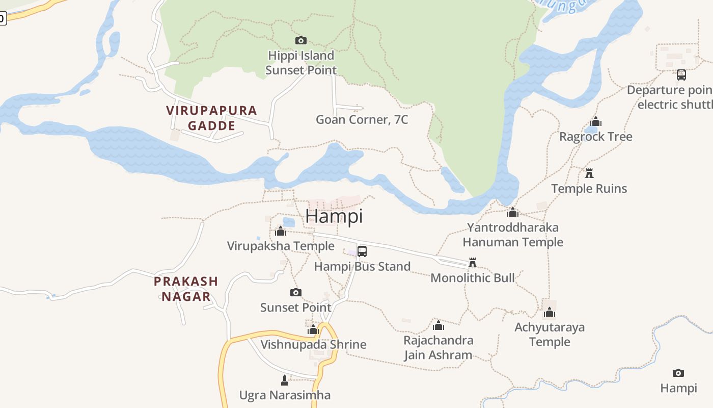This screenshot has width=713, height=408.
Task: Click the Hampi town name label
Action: (334, 216)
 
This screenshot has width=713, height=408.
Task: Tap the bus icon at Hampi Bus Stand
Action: (362, 251)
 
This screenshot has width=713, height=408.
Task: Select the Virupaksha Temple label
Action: (281, 246)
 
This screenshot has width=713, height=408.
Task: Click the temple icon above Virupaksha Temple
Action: (281, 232)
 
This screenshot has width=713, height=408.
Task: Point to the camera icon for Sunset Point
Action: (296, 293)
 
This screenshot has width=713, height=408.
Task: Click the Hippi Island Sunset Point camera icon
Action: (301, 41)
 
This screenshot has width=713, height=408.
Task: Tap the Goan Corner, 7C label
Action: (362, 120)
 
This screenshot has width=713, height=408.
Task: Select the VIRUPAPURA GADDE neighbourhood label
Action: (212, 118)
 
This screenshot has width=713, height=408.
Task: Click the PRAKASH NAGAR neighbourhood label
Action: (186, 289)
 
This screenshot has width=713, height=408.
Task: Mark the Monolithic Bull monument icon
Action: (473, 263)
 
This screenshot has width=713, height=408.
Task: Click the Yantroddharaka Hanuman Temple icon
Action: (513, 212)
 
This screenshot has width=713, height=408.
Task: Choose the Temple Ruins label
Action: (589, 189)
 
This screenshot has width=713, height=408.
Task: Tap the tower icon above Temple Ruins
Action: (589, 173)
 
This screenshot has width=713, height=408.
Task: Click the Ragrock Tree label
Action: (596, 137)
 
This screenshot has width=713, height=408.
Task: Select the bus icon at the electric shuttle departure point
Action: (681, 75)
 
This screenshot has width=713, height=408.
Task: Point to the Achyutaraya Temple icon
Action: (550, 312)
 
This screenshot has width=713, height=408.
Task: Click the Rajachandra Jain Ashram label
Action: (438, 348)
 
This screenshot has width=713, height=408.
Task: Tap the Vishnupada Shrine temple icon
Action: (313, 329)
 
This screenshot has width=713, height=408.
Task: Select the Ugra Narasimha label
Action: (285, 395)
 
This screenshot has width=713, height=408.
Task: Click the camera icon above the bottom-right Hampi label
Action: (678, 373)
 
